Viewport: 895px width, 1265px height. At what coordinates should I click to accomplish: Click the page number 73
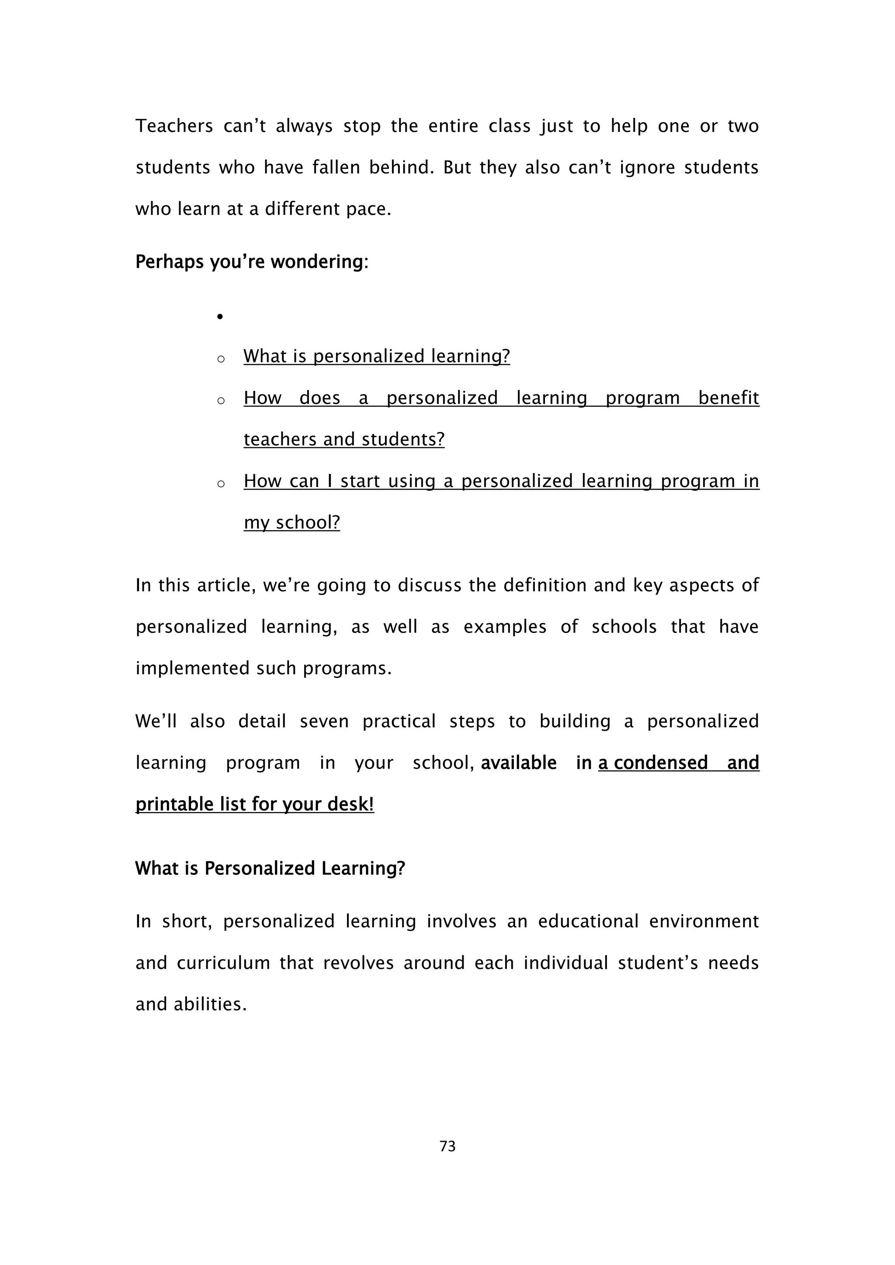(447, 1146)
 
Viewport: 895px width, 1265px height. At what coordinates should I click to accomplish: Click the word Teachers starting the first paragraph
(174, 126)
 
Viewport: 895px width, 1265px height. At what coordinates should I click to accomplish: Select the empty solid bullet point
(220, 317)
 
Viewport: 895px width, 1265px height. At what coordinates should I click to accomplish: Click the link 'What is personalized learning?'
(376, 356)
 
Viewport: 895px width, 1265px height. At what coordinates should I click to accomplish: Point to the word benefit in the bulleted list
(728, 398)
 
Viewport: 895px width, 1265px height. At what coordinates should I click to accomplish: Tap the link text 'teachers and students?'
(344, 439)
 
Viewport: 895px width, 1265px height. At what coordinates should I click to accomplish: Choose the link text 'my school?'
(291, 522)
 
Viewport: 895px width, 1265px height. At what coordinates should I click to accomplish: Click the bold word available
(519, 763)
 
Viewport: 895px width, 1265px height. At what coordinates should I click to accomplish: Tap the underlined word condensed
(661, 763)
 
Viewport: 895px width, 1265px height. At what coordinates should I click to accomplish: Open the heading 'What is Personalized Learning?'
(270, 868)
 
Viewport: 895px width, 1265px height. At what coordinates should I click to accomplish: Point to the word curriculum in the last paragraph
(223, 963)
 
